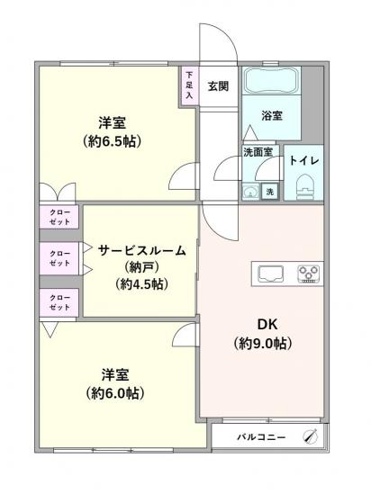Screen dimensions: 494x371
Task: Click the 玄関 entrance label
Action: click(219, 86)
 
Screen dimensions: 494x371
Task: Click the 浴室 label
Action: click(272, 116)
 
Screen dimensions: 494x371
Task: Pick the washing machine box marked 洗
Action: click(268, 191)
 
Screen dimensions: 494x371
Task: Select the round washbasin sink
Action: click(249, 191)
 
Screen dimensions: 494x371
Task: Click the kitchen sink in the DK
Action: click(272, 272)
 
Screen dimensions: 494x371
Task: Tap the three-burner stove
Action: click(310, 272)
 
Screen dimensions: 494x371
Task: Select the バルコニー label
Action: click(261, 436)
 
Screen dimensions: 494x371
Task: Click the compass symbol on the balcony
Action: click(312, 436)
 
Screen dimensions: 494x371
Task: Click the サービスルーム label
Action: click(143, 251)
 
